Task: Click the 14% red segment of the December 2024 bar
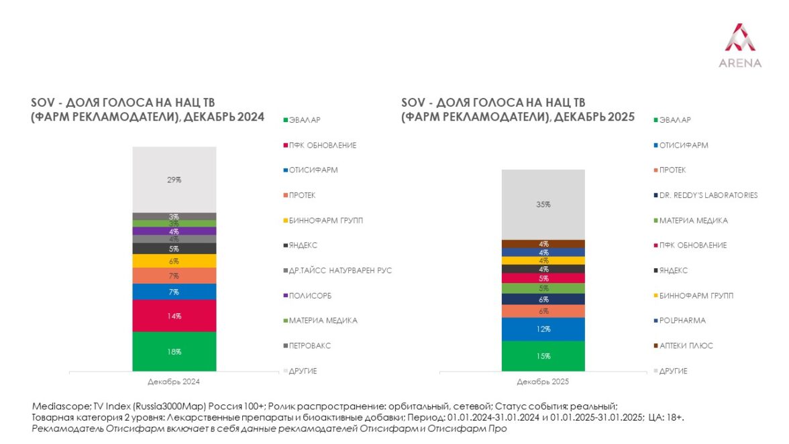click(174, 315)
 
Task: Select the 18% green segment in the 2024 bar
click(174, 351)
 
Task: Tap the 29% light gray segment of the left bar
click(174, 180)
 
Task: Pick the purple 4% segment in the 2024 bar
click(174, 231)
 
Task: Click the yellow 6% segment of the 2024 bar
click(174, 261)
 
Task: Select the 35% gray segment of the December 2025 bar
click(543, 205)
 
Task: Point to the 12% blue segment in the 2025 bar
click(543, 329)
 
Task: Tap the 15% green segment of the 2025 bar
click(543, 355)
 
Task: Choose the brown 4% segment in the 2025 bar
click(543, 243)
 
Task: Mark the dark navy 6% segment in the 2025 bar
click(543, 299)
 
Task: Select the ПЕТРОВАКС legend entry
click(313, 345)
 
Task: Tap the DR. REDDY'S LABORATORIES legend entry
click(708, 195)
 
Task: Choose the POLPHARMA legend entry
click(683, 321)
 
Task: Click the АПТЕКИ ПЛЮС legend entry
click(686, 345)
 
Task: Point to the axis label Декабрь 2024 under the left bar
click(174, 382)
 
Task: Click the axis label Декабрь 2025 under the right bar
click(543, 382)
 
